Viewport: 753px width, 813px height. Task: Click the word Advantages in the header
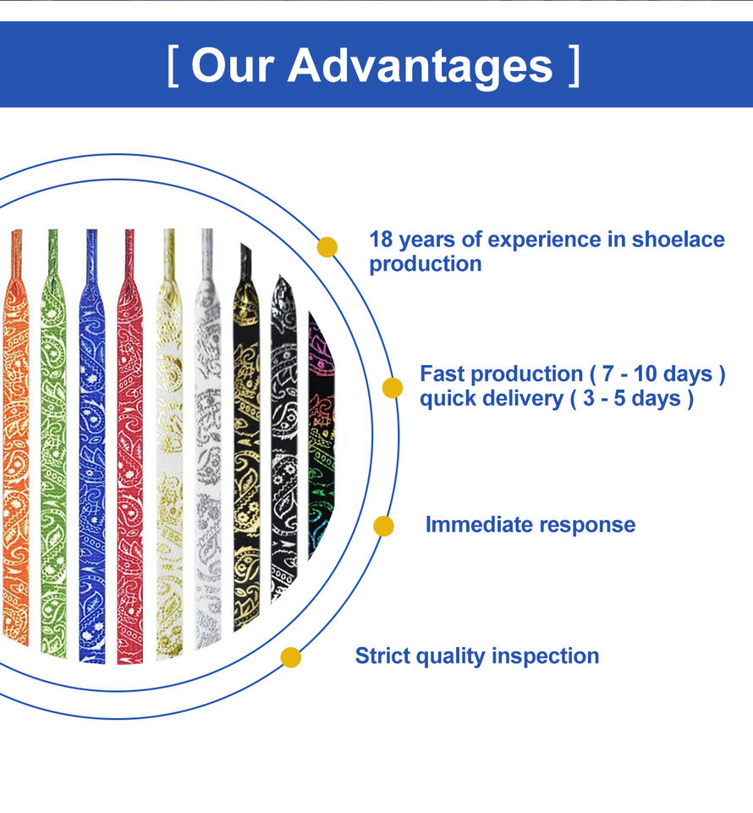pyautogui.click(x=420, y=65)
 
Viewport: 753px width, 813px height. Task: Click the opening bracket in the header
pyautogui.click(x=173, y=66)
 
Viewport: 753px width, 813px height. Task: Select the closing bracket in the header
pyautogui.click(x=574, y=66)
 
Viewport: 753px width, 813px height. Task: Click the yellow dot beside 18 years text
pyautogui.click(x=327, y=247)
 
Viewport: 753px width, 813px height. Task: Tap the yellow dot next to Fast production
pyautogui.click(x=393, y=388)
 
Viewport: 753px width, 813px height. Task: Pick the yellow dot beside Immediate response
pyautogui.click(x=384, y=526)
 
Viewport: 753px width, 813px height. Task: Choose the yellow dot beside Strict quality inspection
pyautogui.click(x=291, y=657)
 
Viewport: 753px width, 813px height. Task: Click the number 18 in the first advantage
pyautogui.click(x=381, y=240)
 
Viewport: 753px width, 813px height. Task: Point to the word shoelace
pyautogui.click(x=678, y=240)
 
